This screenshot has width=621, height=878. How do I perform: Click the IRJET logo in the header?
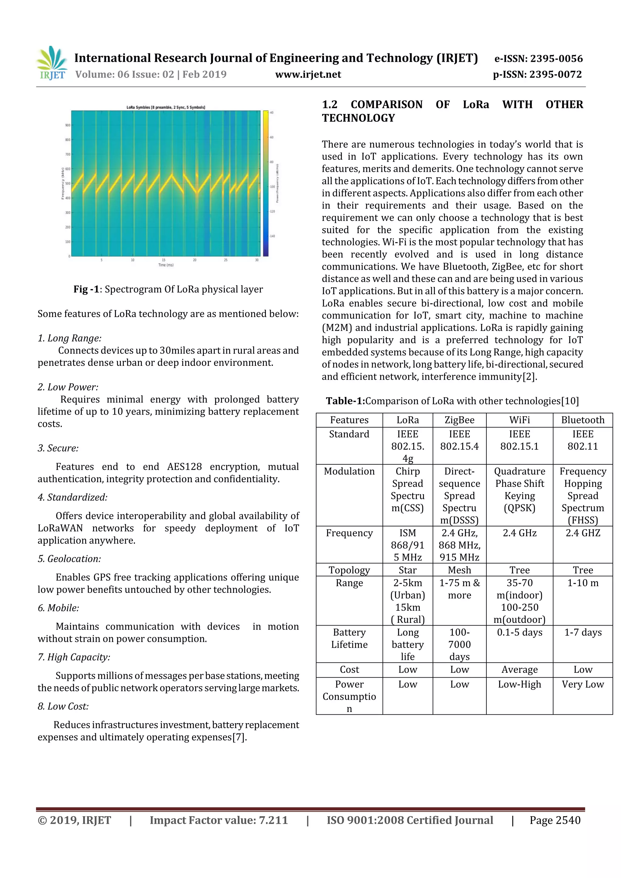[52, 63]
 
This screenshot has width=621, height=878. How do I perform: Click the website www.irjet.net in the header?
[308, 74]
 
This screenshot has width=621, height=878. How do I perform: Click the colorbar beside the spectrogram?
[266, 184]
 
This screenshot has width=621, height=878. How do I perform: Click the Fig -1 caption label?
[86, 289]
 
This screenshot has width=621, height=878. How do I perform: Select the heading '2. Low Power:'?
[68, 387]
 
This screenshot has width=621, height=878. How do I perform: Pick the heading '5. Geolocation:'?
[69, 559]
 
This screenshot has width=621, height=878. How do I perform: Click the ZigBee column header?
[459, 420]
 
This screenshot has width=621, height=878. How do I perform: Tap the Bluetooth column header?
[582, 420]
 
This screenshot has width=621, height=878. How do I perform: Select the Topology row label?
[349, 570]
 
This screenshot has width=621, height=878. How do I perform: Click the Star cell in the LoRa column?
[408, 570]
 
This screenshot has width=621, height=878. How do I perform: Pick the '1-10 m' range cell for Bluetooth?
[582, 583]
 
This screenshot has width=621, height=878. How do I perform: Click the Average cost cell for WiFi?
[519, 669]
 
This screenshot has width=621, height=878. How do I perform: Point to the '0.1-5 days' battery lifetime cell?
[519, 632]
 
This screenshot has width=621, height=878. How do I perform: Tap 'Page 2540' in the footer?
[555, 820]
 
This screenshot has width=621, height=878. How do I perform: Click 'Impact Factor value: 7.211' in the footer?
[219, 820]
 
